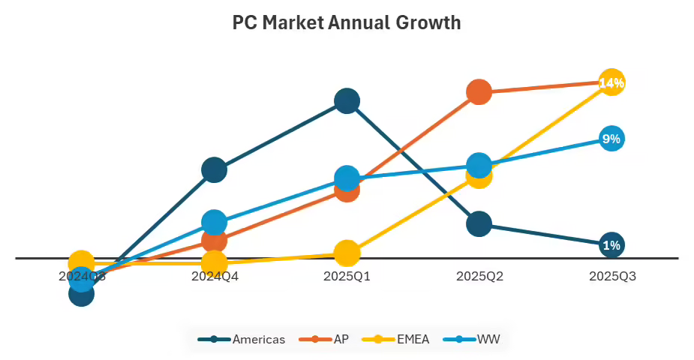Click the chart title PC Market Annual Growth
347,22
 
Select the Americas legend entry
242,339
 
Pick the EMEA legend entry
397,339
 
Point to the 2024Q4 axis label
215,276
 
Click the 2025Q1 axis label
347,276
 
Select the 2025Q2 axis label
479,276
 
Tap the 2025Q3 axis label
612,276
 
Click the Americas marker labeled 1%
611,245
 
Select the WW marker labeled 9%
611,139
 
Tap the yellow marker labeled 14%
611,82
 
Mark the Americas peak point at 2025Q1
347,100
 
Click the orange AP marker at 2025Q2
479,91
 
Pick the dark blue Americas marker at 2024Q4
215,170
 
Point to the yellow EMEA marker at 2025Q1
347,253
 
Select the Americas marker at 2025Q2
479,223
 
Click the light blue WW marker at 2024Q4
215,222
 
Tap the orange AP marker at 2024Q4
215,241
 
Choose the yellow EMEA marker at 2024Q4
215,263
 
